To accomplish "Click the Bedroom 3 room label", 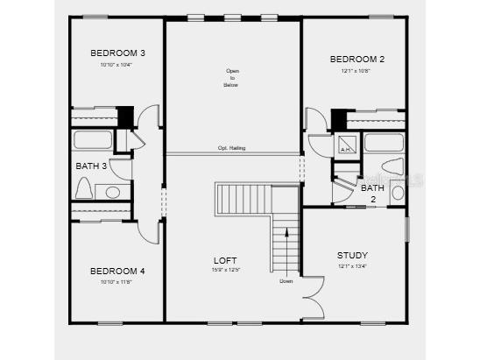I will click(117, 53).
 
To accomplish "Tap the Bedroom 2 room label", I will click(356, 60).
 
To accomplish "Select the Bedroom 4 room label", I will click(117, 271).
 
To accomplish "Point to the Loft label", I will click(225, 260).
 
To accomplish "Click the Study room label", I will click(352, 256).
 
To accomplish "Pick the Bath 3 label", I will click(91, 166).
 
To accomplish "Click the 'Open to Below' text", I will click(231, 78).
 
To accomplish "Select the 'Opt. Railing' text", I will click(231, 148).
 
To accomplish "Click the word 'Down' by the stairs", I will click(286, 281).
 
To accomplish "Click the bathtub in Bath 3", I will click(92, 140).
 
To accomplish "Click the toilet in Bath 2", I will click(392, 166).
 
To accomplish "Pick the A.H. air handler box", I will click(345, 146).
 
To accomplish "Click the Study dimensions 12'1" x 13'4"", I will click(352, 266).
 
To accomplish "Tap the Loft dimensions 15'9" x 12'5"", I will click(225, 270).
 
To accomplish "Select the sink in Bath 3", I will click(113, 192).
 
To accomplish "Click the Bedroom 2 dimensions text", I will click(356, 71).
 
